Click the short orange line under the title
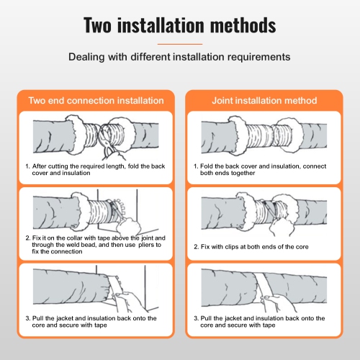coord(179,43)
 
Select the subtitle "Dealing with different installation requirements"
coord(180,55)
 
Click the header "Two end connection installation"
coord(91,100)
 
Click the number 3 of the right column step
coord(196,318)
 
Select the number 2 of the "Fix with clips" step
coord(196,246)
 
